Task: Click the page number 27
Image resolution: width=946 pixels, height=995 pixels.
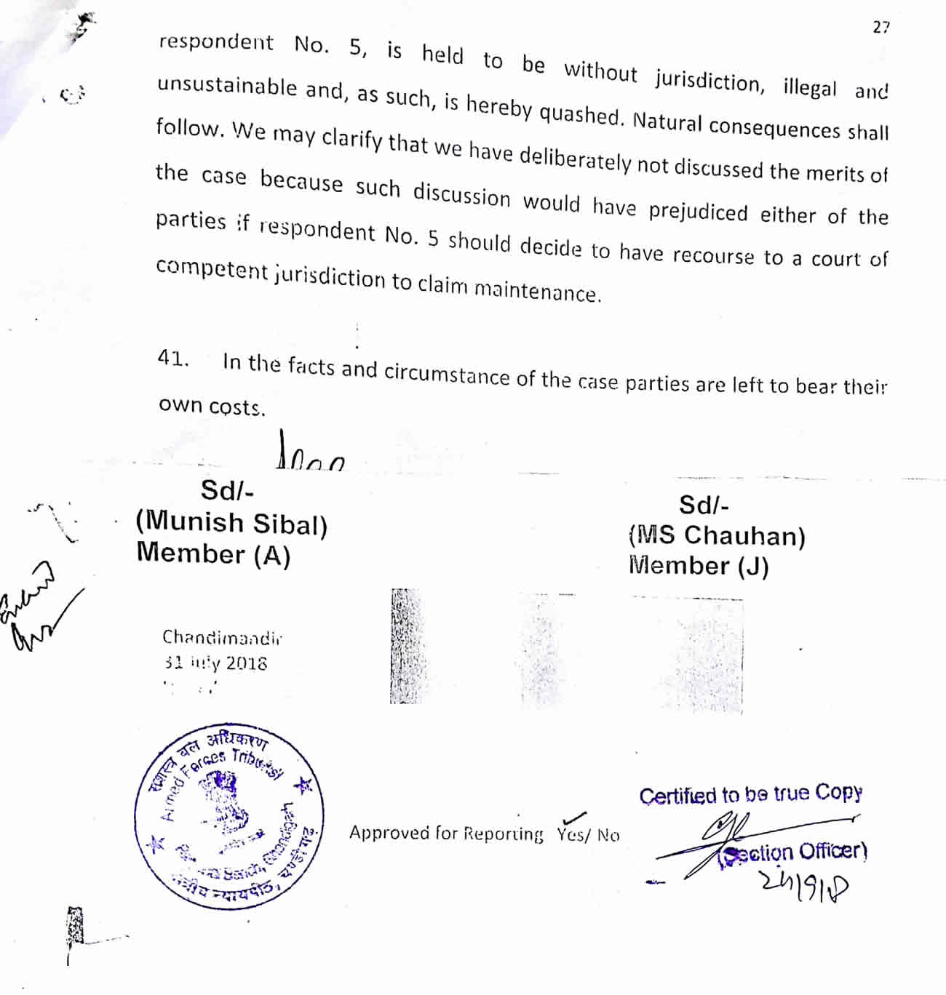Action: click(x=881, y=28)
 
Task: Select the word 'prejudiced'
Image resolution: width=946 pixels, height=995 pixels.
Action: click(x=698, y=212)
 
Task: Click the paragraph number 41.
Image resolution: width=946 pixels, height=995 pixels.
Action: click(x=172, y=358)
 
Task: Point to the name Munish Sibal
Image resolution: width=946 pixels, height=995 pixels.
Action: click(x=231, y=523)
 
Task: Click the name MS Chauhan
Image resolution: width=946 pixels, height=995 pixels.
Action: click(x=717, y=536)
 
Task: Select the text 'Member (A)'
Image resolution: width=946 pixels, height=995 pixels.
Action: click(x=213, y=554)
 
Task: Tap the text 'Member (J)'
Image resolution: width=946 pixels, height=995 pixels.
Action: click(x=699, y=566)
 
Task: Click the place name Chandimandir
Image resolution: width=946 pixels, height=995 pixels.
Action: click(x=222, y=638)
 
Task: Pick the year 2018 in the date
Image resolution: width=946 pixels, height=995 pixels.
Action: click(x=246, y=663)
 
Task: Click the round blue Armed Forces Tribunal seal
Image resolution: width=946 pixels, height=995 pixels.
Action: click(x=229, y=818)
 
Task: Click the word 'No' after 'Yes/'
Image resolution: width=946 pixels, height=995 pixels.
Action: click(x=608, y=835)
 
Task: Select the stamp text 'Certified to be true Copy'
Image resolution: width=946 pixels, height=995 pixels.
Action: click(x=750, y=794)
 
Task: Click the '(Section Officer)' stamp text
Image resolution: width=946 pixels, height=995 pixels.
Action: click(x=793, y=852)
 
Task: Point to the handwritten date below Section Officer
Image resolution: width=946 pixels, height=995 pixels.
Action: click(x=804, y=884)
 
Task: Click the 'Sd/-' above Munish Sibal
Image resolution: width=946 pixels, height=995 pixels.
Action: click(x=227, y=491)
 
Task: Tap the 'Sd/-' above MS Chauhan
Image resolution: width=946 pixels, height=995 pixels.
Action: click(x=704, y=505)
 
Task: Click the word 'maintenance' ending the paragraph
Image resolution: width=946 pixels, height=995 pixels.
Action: click(x=538, y=290)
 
